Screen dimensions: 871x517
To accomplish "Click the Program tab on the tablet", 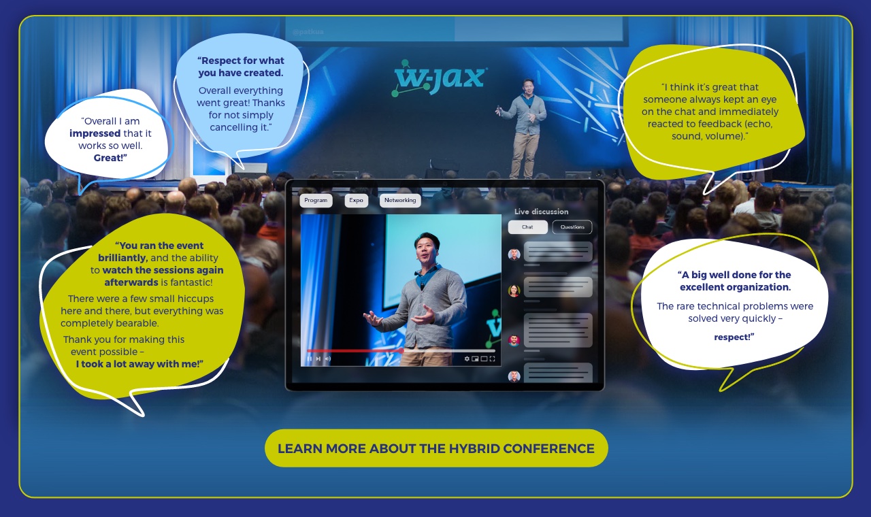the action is click(316, 201).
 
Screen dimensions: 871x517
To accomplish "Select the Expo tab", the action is click(356, 201).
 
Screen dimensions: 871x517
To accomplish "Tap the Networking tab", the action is click(400, 201).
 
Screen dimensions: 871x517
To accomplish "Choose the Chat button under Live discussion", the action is click(527, 227).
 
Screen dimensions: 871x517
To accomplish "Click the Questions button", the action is click(572, 227).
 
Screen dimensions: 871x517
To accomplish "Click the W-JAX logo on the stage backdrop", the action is click(440, 78).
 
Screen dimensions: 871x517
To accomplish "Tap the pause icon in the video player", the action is click(310, 358).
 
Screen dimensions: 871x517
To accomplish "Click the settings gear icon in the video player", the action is click(467, 358).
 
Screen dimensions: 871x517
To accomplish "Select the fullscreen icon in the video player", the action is click(492, 358).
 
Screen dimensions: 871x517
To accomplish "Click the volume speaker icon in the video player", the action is click(328, 358).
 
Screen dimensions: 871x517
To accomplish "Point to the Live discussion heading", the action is click(541, 212).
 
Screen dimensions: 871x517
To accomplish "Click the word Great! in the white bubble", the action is click(110, 158).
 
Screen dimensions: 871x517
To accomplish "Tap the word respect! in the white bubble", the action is click(734, 337).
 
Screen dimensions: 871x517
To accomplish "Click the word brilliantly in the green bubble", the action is click(122, 258).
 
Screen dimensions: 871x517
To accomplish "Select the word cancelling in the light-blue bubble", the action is click(233, 127).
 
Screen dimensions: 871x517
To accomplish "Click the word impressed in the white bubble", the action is click(95, 133).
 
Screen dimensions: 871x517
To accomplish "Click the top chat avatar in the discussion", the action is click(514, 254).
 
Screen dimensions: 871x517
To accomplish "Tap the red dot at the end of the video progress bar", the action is click(401, 350).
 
